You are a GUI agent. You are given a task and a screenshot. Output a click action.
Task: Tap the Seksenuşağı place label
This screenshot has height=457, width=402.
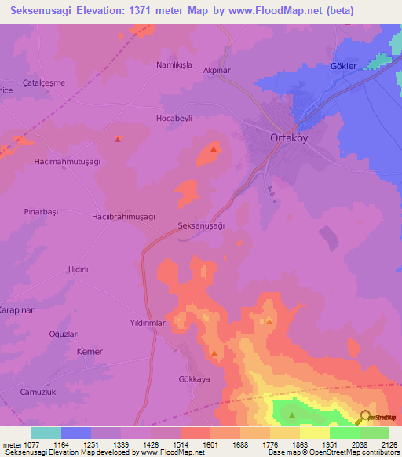[202, 225]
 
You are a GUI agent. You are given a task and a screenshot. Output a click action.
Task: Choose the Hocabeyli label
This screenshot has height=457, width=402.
[174, 118]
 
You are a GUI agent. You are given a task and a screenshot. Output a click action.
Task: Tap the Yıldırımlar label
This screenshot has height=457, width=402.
[148, 323]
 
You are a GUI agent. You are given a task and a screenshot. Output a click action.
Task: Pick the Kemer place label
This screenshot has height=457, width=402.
[90, 352]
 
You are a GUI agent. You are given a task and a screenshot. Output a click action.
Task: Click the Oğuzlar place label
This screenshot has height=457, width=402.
[63, 334]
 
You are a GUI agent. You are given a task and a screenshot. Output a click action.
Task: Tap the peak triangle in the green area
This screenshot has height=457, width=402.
[293, 415]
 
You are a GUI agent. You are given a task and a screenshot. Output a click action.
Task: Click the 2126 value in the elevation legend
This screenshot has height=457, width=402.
[375, 444]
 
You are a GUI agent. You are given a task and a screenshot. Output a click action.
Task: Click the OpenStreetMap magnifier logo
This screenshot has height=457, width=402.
[364, 416]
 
